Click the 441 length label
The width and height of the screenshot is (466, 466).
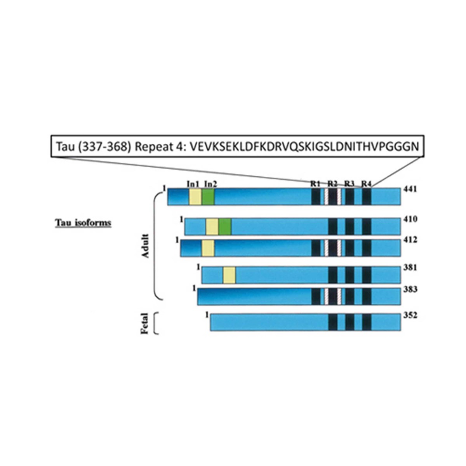(410, 189)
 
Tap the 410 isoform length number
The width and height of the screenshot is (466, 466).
(410, 219)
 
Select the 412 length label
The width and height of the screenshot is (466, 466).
(410, 240)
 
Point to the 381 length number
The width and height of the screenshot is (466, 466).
(410, 268)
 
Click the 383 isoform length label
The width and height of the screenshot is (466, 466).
(410, 289)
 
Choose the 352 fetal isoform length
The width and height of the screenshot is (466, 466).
(410, 315)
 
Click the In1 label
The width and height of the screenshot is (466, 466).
(193, 184)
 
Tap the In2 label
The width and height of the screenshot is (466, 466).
(210, 184)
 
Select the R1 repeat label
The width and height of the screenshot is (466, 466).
(315, 184)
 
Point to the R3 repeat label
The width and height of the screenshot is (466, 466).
(349, 184)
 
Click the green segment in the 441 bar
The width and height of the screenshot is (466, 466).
(208, 196)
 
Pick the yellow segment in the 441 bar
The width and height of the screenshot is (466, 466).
(195, 196)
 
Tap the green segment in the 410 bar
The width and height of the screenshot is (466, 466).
(225, 226)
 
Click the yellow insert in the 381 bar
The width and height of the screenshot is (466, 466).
(229, 275)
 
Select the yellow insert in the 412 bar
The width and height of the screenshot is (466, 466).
(208, 248)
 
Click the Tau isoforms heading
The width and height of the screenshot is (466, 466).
(83, 223)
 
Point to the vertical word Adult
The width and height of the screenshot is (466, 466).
(145, 246)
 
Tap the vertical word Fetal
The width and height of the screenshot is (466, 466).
(144, 323)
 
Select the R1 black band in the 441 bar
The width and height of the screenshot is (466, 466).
(316, 196)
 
